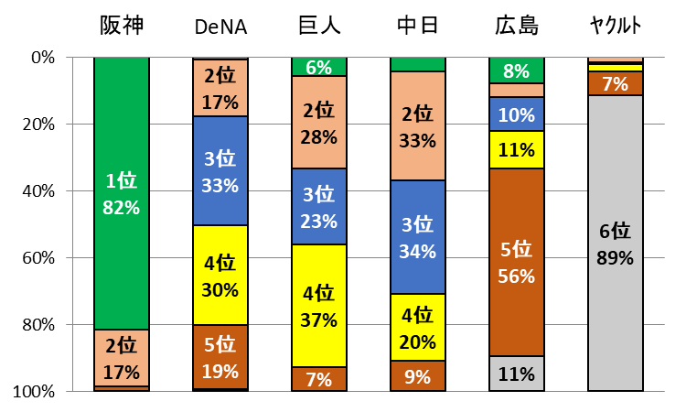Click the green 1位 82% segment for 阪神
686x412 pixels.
(122, 194)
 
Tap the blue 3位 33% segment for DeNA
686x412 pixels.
(220, 171)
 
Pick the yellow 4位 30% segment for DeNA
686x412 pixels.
(220, 276)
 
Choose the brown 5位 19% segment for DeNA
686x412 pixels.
(220, 357)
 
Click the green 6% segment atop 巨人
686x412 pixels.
(319, 66)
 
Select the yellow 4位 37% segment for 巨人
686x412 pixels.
(319, 307)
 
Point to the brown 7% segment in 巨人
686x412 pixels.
(319, 379)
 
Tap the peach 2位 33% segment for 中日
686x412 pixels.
(418, 126)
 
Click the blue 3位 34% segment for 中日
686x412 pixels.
(418, 237)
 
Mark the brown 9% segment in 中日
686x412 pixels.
(418, 376)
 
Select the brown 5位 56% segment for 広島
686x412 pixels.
(517, 263)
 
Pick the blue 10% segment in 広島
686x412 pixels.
(517, 114)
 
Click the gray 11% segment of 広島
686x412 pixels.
(517, 374)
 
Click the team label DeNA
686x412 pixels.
(220, 27)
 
